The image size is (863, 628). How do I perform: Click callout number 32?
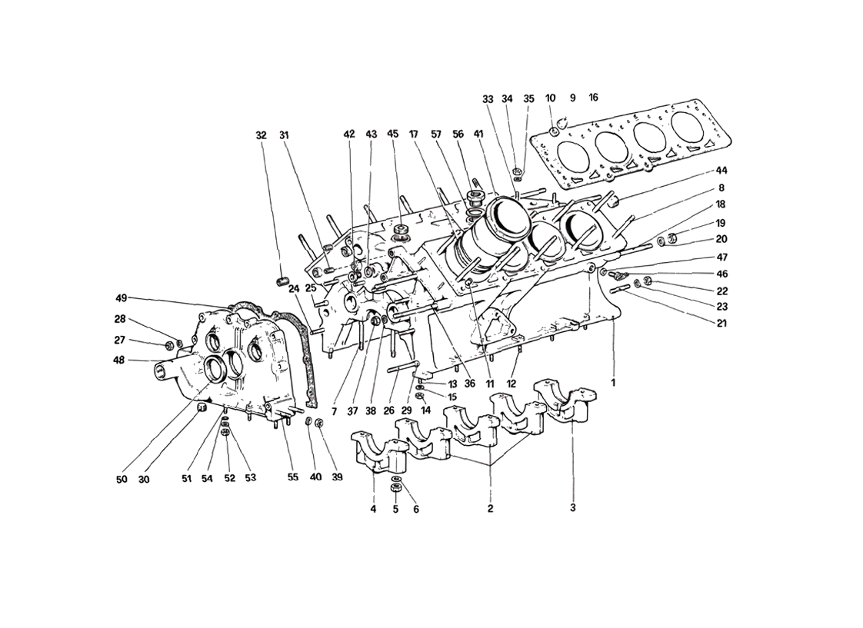coord(262,135)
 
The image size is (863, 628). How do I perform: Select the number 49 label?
coord(122,298)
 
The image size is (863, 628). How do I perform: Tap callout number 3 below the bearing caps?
coord(572,507)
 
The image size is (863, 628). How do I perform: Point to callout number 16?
coord(593,98)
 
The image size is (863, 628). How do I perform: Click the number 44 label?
coord(721,169)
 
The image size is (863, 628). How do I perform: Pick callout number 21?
coord(721,323)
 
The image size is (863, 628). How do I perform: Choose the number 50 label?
coord(122,479)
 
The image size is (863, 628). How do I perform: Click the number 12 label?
coord(511,383)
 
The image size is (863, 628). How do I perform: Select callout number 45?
coord(393,134)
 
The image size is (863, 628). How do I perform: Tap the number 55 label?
coord(293,477)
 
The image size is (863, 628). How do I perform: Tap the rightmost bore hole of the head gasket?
coord(691,126)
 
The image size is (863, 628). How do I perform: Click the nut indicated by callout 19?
coord(671,238)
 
